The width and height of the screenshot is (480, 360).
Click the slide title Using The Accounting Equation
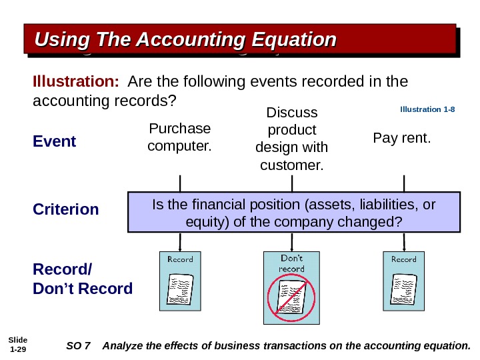185,40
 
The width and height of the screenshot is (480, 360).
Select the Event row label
55,142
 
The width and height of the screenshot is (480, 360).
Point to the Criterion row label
66,209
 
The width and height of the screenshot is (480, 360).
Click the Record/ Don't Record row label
83,279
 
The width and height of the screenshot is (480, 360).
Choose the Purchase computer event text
179,136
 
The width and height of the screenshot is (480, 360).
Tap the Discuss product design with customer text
291,137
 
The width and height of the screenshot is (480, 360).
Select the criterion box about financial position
293,212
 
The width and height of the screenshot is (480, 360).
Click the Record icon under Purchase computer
179,282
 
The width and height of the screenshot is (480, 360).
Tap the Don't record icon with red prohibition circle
291,287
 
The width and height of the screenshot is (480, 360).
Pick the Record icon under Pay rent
403,282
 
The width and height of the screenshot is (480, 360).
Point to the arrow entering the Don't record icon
291,243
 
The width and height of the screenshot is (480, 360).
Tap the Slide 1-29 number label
17,345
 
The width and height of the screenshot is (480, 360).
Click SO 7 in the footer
79,345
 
